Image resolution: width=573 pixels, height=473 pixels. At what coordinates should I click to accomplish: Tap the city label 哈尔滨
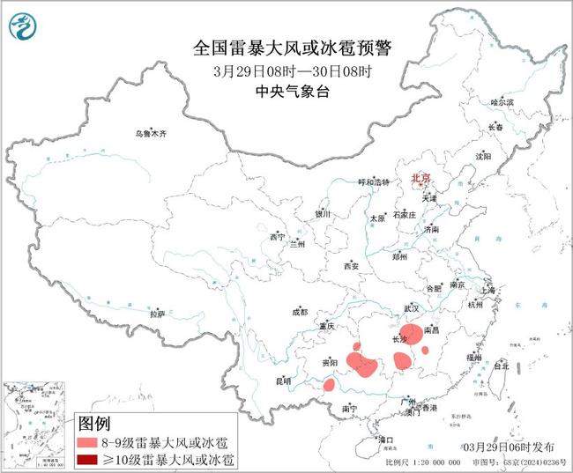pos(502,103)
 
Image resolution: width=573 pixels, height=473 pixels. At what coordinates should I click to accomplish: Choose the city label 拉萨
pos(157,314)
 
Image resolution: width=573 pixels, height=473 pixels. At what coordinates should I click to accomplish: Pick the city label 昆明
pos(282,381)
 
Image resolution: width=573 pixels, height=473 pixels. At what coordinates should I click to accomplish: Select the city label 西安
pos(353,265)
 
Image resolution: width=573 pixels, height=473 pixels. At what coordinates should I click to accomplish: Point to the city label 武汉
pos(412,309)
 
